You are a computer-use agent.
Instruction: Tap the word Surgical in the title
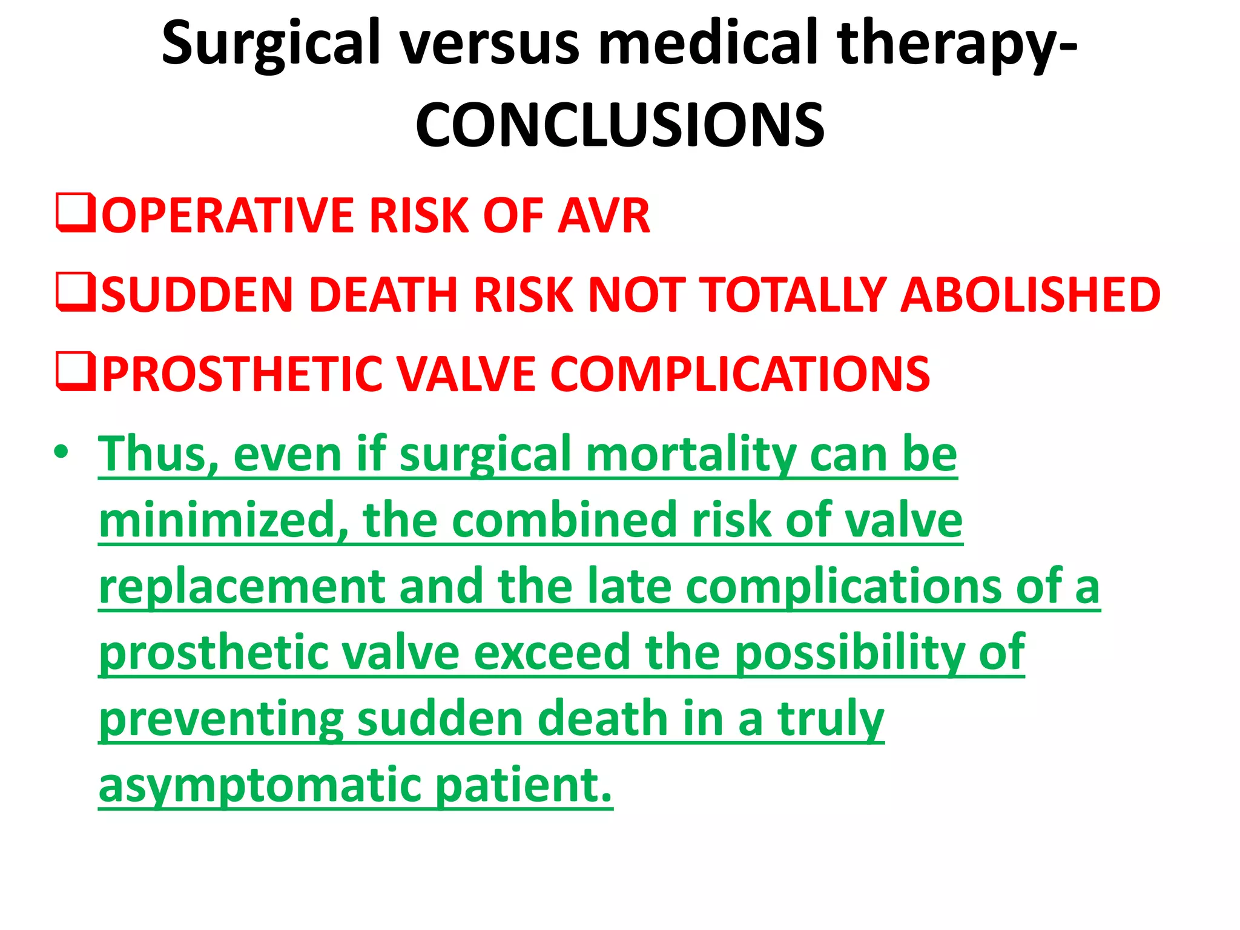pyautogui.click(x=271, y=44)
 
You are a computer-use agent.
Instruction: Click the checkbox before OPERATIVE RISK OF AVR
pyautogui.click(x=75, y=213)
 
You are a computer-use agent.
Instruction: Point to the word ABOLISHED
pyautogui.click(x=1030, y=295)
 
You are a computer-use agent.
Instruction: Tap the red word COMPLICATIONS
pyautogui.click(x=740, y=374)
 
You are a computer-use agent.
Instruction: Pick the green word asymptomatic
pyautogui.click(x=260, y=785)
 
